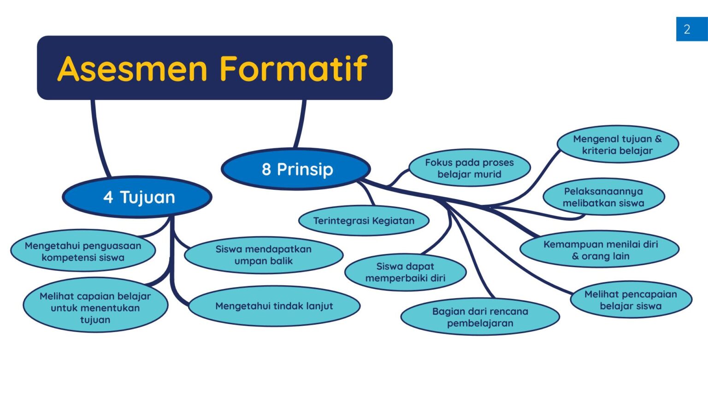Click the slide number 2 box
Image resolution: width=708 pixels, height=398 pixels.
[x=691, y=29]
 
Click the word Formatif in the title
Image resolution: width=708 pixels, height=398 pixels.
[x=293, y=69]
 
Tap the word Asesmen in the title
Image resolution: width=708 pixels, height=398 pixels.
[x=132, y=69]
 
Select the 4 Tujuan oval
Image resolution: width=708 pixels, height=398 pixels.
[x=137, y=197]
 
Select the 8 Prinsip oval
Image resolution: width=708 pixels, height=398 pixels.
[x=296, y=169]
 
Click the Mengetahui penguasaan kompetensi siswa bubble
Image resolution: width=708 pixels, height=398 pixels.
[x=83, y=252]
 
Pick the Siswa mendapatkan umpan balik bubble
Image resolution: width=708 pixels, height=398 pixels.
[x=264, y=255]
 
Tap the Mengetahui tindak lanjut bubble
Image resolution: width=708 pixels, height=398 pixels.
[x=274, y=306]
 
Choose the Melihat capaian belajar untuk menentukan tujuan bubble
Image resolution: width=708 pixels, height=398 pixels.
[x=95, y=308]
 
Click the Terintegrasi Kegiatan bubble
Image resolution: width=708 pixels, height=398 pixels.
[x=364, y=221]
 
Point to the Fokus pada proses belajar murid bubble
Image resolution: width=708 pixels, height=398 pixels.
[x=469, y=168]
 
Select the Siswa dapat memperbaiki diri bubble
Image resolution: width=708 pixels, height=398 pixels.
[x=405, y=272]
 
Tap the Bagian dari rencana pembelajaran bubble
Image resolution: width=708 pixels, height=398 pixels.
[x=480, y=317]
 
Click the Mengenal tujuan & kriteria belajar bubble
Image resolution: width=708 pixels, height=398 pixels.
[x=617, y=145]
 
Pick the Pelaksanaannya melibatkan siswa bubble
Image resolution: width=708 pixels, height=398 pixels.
[x=603, y=197]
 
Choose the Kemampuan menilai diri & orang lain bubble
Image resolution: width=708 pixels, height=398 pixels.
[x=600, y=250]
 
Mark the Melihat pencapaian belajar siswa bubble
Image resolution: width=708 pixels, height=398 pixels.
[x=631, y=300]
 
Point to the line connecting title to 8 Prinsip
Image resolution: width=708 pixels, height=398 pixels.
[x=301, y=124]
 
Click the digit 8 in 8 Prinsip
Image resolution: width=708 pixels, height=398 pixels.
[x=266, y=170]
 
